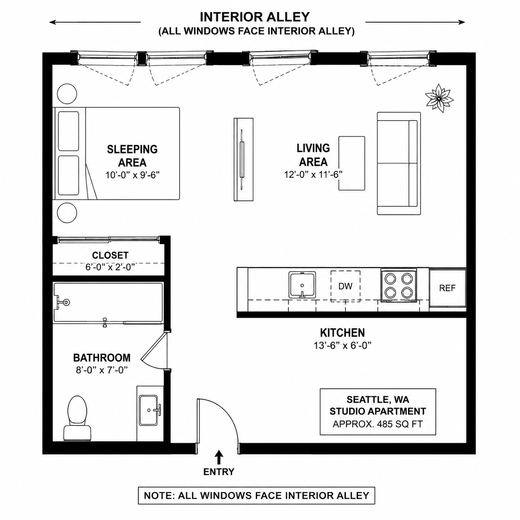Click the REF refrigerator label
click(x=447, y=288)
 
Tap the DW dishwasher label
click(x=345, y=286)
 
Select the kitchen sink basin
click(x=302, y=285)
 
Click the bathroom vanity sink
click(x=148, y=410)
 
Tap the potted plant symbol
click(x=439, y=99)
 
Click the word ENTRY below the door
click(x=219, y=472)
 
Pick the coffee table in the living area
click(x=352, y=163)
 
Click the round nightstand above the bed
click(x=67, y=94)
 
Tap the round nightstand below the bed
click(x=67, y=213)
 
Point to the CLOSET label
click(x=110, y=255)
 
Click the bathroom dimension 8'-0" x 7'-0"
click(x=102, y=370)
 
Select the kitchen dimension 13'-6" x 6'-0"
click(x=343, y=345)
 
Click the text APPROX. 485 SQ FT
click(x=378, y=424)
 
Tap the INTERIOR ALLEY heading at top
click(x=255, y=17)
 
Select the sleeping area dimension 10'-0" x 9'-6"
click(x=133, y=175)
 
